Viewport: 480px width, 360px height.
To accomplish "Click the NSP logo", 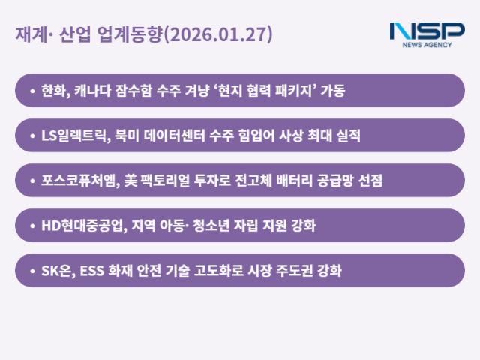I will (x=427, y=34).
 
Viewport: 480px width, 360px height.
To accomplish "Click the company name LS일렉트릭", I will (x=77, y=136).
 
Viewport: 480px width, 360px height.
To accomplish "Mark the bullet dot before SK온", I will (x=31, y=271).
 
